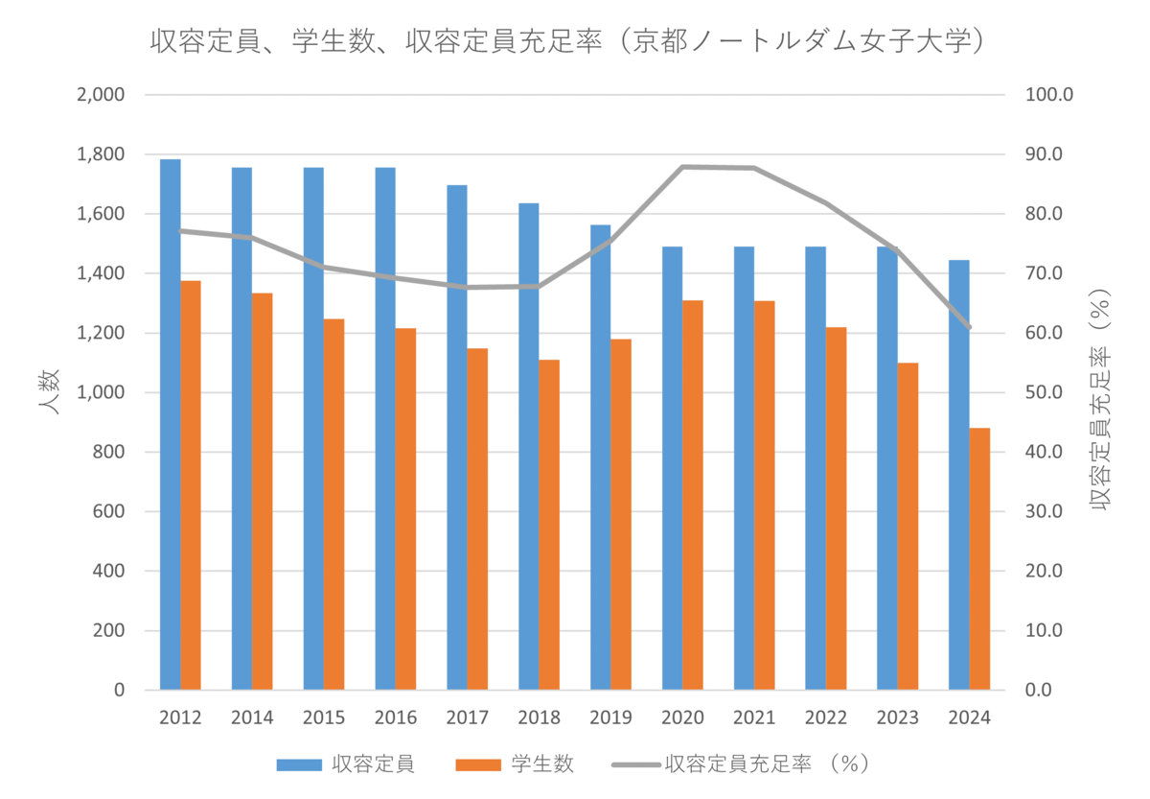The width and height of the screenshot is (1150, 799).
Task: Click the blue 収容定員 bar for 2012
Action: (171, 424)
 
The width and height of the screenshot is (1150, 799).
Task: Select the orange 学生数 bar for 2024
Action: (979, 558)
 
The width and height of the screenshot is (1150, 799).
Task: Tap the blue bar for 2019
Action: (601, 458)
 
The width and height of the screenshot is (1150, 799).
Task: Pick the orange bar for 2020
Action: (693, 495)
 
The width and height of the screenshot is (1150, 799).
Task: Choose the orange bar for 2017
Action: (477, 519)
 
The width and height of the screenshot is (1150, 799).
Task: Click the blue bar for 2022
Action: (816, 468)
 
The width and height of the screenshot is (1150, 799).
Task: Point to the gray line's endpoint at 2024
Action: (969, 327)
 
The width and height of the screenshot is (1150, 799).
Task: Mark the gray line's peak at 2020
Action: (682, 167)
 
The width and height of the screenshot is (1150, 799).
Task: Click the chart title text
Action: (567, 41)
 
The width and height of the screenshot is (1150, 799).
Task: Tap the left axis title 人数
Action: (49, 391)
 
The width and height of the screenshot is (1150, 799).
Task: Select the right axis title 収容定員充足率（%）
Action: (1100, 400)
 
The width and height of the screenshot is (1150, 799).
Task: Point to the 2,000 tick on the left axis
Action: (101, 95)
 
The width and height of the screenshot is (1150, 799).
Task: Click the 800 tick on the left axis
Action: (109, 452)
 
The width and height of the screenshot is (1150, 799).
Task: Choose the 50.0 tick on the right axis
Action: (1044, 392)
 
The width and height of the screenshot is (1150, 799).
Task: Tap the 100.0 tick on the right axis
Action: (1049, 95)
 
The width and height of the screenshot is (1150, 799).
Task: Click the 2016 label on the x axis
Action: (395, 717)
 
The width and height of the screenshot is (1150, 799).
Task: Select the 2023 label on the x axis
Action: (897, 717)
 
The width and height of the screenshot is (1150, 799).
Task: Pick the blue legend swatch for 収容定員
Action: (299, 765)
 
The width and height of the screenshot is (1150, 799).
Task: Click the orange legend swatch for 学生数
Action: (478, 765)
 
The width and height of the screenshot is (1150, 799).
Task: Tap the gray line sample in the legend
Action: (636, 765)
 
